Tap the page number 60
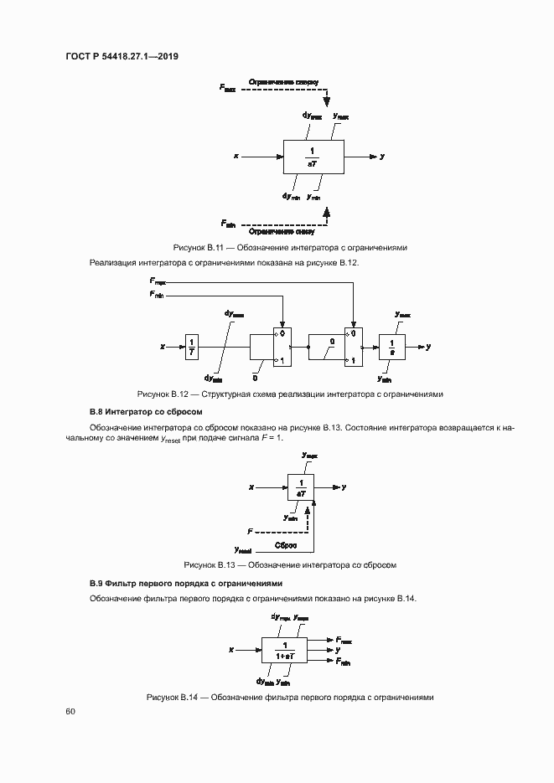tap(70, 711)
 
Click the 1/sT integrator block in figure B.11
tap(313, 157)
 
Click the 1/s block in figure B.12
tap(391, 346)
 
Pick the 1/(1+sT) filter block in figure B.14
tap(285, 650)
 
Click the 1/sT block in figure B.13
tap(301, 487)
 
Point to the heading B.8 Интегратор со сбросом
tap(146, 412)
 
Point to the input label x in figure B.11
tap(237, 156)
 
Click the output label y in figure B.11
tap(382, 156)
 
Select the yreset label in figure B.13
tap(245, 550)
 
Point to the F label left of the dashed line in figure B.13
tap(249, 532)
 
